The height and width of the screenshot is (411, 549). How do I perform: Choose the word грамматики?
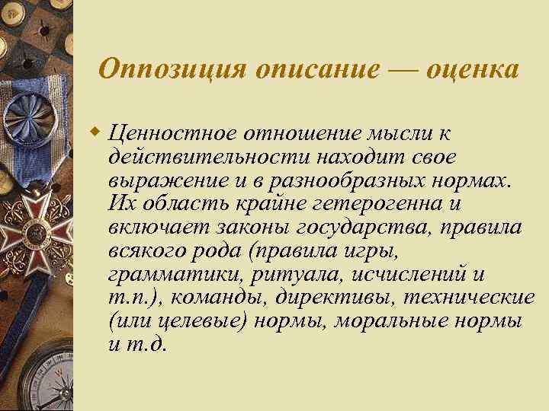[x=165, y=275]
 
